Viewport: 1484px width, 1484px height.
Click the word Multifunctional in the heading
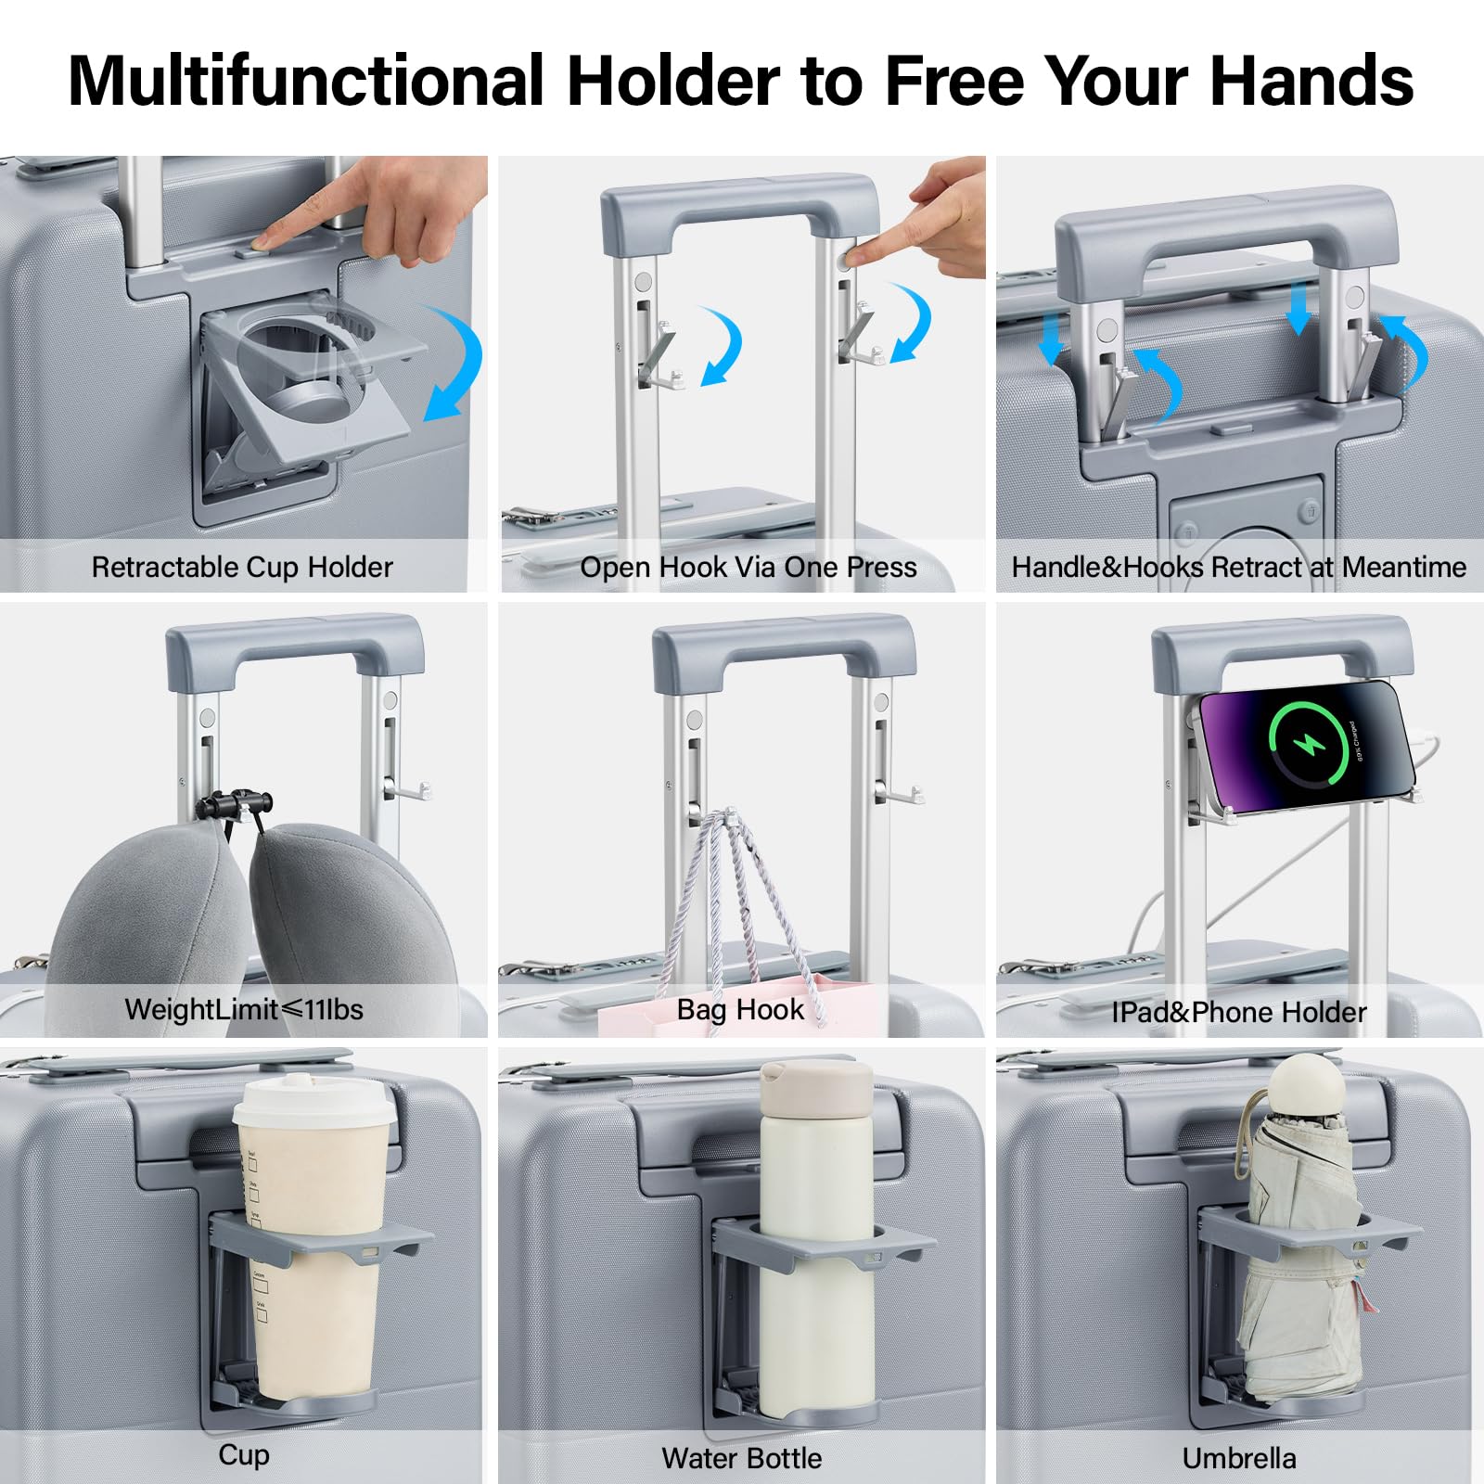point(306,81)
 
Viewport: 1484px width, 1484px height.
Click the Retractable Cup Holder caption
point(242,567)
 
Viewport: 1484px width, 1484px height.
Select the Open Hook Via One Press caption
point(748,567)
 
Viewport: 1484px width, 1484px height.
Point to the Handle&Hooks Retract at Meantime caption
point(1239,567)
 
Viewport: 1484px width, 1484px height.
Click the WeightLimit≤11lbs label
point(244,1009)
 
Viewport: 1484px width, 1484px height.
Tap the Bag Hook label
point(740,1009)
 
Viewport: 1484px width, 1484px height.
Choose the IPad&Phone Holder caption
point(1239,1011)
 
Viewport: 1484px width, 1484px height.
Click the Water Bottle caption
point(741,1458)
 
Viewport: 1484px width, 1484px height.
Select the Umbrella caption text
point(1239,1458)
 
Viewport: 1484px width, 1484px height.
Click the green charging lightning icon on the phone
point(1307,744)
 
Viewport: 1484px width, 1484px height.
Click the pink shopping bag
point(737,1008)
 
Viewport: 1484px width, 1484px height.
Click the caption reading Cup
point(244,1455)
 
